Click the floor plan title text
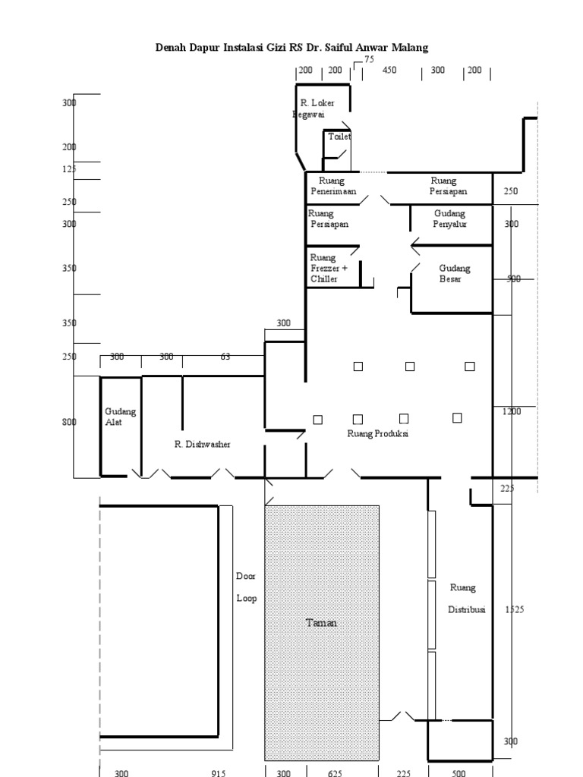pyautogui.click(x=291, y=48)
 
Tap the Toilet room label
pyautogui.click(x=339, y=137)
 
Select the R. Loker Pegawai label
pyautogui.click(x=314, y=109)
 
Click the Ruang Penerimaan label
pyautogui.click(x=332, y=186)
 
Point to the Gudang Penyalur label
pyautogui.click(x=449, y=219)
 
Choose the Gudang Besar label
pyautogui.click(x=454, y=273)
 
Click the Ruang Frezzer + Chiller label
pyautogui.click(x=329, y=268)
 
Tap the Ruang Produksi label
pyautogui.click(x=378, y=433)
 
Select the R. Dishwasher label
pyautogui.click(x=202, y=445)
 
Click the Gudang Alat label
pyautogui.click(x=120, y=417)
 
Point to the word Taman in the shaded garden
pyautogui.click(x=321, y=623)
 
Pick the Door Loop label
pyautogui.click(x=247, y=587)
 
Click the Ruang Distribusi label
pyautogui.click(x=467, y=599)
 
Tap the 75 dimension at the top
pyautogui.click(x=370, y=59)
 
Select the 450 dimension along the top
pyautogui.click(x=389, y=70)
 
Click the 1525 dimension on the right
pyautogui.click(x=515, y=609)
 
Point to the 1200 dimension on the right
pyautogui.click(x=512, y=411)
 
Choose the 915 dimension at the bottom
pyautogui.click(x=218, y=772)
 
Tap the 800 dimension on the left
pyautogui.click(x=69, y=422)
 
